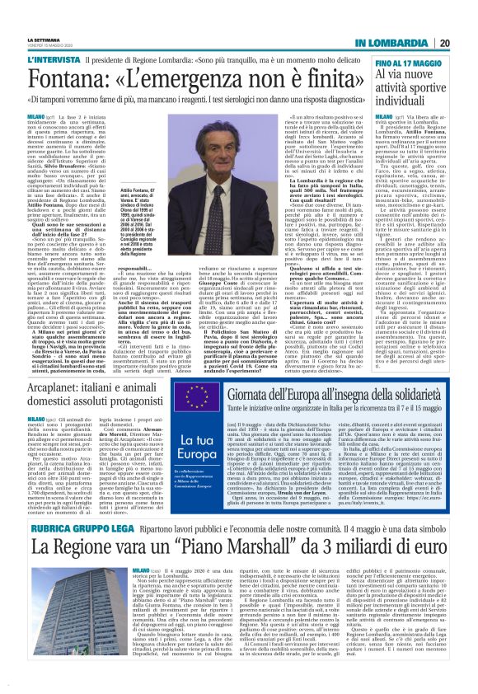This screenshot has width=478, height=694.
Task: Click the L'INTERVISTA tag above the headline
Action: click(x=77, y=62)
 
